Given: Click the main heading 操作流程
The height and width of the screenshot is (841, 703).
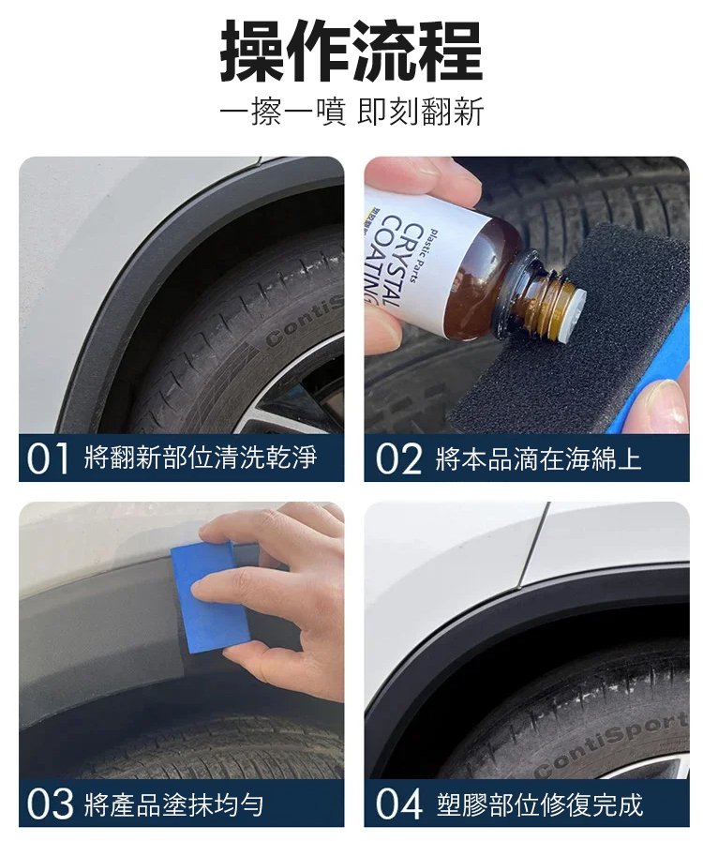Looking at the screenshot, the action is coord(351,51).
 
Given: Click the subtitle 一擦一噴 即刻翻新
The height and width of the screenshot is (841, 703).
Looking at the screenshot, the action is coord(351,113).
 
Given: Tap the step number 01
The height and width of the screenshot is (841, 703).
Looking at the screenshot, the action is coord(48,458).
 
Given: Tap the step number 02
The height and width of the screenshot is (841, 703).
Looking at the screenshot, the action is coord(399,458).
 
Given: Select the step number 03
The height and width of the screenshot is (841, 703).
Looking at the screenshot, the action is coord(50,803).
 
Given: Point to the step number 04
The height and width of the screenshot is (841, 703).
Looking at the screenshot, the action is coord(399,803).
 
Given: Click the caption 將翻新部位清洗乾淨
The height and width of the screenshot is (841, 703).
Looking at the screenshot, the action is coord(201,458).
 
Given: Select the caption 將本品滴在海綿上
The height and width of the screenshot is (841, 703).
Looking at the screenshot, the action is coord(538,459).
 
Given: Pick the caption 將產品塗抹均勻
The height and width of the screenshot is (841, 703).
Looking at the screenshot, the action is coord(173,804).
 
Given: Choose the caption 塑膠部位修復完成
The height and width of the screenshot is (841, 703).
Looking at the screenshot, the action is coord(539,804).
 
